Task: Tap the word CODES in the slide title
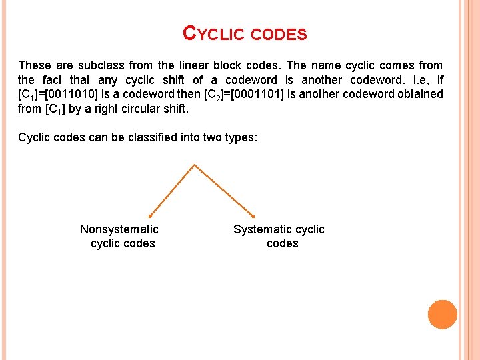tap(279, 35)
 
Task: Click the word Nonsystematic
tap(119, 229)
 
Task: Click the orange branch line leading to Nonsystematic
tap(171, 190)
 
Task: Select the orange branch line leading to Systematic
tap(224, 190)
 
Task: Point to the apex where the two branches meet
tap(194, 165)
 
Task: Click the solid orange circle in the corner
tap(442, 315)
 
